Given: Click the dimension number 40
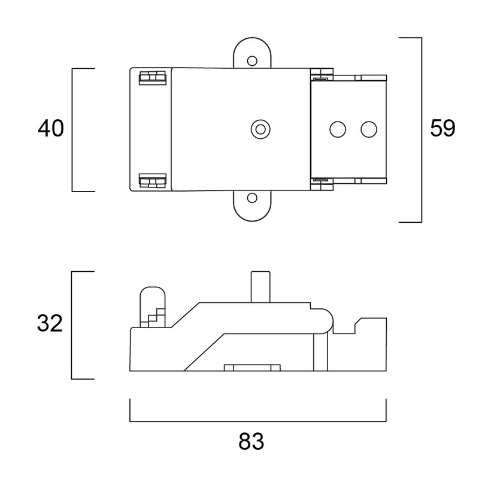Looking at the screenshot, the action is [51, 128].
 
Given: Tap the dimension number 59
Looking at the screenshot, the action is [442, 128].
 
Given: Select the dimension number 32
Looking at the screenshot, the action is [50, 323].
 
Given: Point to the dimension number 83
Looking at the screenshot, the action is [251, 441].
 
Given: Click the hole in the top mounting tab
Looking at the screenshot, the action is [252, 61].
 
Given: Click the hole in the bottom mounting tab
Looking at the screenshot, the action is [252, 198].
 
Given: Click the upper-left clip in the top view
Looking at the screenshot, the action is [153, 78].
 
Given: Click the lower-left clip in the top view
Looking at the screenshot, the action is [153, 180].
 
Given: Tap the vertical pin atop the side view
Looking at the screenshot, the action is [260, 287].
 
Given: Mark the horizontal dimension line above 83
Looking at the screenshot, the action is [258, 422].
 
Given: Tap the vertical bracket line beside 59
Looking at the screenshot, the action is [422, 130].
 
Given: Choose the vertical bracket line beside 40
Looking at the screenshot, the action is [72, 130].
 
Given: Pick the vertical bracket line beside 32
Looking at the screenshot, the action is [71, 325].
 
